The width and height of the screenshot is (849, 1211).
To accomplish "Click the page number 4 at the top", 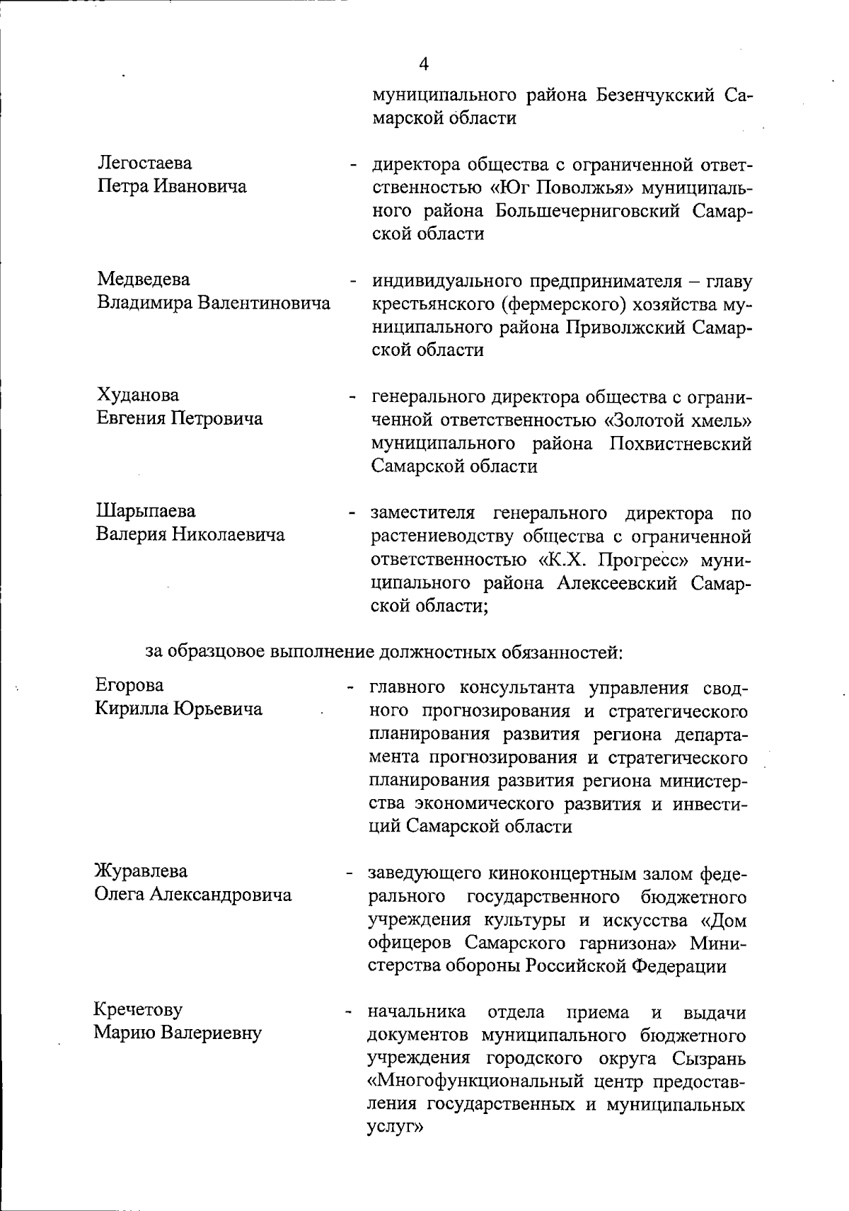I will (x=424, y=64).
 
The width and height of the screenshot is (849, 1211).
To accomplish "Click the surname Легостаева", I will (x=144, y=163).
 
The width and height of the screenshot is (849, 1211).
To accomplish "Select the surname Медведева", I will (x=144, y=280).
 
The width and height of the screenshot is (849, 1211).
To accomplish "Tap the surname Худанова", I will (x=138, y=395).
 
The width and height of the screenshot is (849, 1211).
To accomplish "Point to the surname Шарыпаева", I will (x=146, y=511).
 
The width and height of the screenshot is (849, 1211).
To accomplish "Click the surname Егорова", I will (x=129, y=685).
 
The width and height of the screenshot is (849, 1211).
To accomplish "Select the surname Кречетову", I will (x=139, y=1009).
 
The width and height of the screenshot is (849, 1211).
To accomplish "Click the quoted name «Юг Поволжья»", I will (x=563, y=188).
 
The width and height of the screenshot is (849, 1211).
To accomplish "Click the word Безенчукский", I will (x=655, y=95).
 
